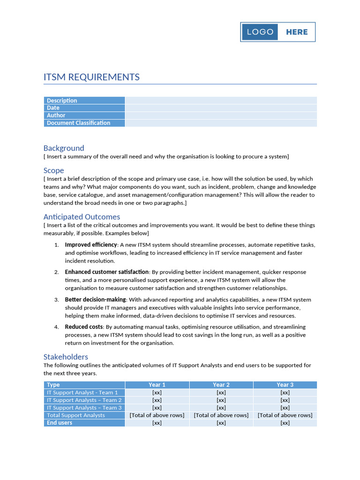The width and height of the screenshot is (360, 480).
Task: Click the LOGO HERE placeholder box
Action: [278, 32]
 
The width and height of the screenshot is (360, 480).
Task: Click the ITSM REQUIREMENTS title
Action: [91, 77]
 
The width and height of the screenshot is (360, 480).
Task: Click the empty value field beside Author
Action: [220, 115]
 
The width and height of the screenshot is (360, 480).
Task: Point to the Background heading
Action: [64, 148]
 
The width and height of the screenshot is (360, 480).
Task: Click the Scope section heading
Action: [53, 171]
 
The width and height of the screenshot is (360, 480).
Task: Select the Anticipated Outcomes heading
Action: [82, 217]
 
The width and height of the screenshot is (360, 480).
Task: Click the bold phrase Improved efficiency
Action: [90, 245]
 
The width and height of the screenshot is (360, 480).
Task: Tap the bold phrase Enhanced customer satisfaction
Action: [107, 272]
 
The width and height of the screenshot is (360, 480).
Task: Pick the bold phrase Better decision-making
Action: [95, 300]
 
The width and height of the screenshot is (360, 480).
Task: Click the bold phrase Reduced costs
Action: [84, 327]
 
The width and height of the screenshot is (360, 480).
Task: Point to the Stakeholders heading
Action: [66, 357]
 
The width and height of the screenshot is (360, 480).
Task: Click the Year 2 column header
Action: [221, 385]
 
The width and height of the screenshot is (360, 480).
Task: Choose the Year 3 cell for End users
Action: [285, 423]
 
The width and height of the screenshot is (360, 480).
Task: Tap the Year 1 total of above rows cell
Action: [157, 415]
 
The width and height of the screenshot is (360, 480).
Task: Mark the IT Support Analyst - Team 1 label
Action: [84, 392]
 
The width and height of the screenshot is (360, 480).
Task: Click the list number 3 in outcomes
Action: [56, 300]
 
